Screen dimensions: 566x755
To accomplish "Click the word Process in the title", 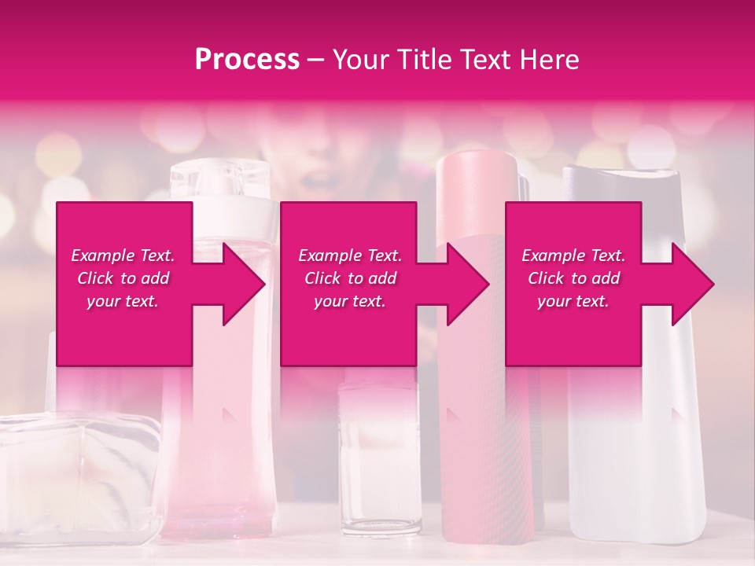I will pyautogui.click(x=247, y=60).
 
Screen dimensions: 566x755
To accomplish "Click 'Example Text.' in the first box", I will pyautogui.click(x=123, y=255).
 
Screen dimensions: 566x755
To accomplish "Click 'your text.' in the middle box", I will pyautogui.click(x=349, y=301).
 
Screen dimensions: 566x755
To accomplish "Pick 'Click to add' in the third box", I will pyautogui.click(x=573, y=278).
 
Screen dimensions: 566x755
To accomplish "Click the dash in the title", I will pyautogui.click(x=316, y=61).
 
